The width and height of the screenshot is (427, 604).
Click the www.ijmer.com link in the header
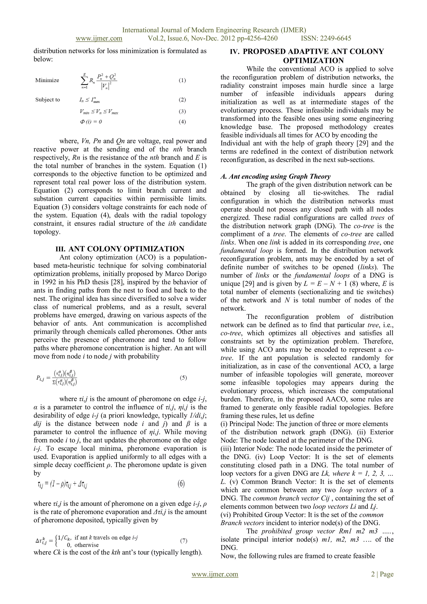click(x=99, y=38)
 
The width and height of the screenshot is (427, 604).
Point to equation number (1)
click(x=182, y=81)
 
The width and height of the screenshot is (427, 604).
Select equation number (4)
click(x=182, y=122)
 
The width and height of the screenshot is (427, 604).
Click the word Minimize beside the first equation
click(x=47, y=80)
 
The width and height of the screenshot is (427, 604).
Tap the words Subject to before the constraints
click(x=48, y=100)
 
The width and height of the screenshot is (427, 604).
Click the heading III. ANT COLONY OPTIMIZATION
click(x=120, y=249)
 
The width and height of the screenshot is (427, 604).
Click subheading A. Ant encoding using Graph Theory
click(x=275, y=176)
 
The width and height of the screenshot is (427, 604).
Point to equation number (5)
click(x=183, y=378)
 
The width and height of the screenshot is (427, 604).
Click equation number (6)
click(x=181, y=484)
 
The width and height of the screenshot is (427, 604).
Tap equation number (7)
click(x=183, y=541)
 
